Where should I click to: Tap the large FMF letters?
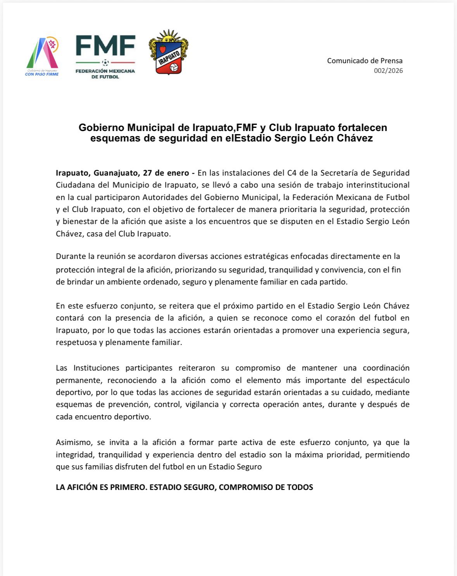pyautogui.click(x=105, y=46)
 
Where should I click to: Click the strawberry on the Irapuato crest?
pyautogui.click(x=163, y=49)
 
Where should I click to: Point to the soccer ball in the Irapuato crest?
pyautogui.click(x=174, y=67)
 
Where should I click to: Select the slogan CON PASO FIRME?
pyautogui.click(x=42, y=74)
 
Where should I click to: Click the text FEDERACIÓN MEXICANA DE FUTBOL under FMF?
pyautogui.click(x=105, y=74)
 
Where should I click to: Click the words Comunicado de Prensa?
pyautogui.click(x=365, y=60)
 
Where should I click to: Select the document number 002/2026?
pyautogui.click(x=388, y=71)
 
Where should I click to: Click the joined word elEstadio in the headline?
pyautogui.click(x=248, y=138)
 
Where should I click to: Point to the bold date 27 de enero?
pyautogui.click(x=166, y=173)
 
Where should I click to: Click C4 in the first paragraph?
pyautogui.click(x=291, y=173)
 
